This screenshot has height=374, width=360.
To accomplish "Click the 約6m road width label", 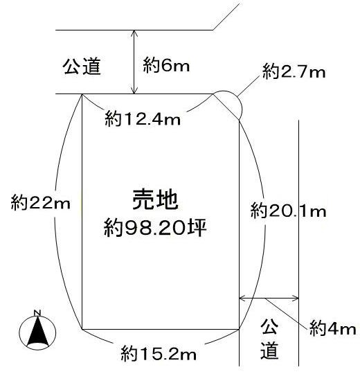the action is coord(166,65).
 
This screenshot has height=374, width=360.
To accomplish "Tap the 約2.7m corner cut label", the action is coord(294,71).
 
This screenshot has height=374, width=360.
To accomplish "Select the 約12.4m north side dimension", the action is coord(143,118).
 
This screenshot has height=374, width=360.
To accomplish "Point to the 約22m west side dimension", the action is coord(41,203).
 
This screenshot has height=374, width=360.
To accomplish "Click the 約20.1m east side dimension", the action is coord(288,211).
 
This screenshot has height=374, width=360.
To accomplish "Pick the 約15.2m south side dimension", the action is coord(159,354).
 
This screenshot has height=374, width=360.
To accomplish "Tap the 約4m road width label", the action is coord(332,329).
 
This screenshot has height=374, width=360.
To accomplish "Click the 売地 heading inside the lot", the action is coord(156,200).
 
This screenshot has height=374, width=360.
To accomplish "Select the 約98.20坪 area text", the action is coord(155,228).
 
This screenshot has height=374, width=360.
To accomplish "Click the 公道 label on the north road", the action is coord(82,66).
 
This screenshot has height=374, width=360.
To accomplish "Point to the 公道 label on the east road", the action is coord(269,339).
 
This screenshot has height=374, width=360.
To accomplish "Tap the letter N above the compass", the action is coord(37,312).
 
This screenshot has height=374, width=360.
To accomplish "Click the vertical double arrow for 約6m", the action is coord(135,62).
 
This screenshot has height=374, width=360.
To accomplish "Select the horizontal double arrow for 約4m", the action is coord(269,298).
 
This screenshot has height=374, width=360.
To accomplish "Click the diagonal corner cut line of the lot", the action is coord(226,107).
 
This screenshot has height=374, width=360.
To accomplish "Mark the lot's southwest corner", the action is coord(82,329).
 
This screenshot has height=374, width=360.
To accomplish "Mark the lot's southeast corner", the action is coord(239,330).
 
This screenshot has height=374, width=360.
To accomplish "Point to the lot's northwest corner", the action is coord(82,94).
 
